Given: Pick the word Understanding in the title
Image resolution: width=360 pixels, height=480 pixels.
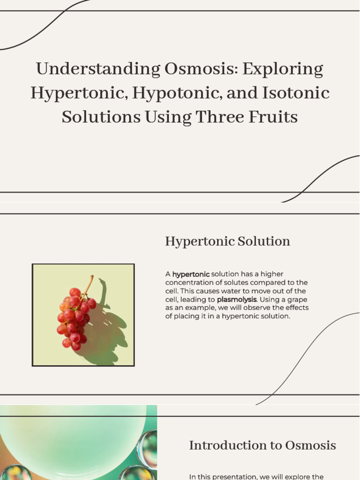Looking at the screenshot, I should pyautogui.click(x=98, y=69).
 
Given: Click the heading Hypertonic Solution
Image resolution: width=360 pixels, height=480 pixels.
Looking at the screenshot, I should pyautogui.click(x=227, y=241).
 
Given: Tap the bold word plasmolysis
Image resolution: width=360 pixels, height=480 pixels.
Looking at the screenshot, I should pyautogui.click(x=236, y=299).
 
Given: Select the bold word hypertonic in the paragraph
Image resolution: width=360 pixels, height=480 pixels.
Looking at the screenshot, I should pyautogui.click(x=191, y=274).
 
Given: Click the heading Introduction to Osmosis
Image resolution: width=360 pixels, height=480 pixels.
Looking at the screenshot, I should pyautogui.click(x=262, y=445).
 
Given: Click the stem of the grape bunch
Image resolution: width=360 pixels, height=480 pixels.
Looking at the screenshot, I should pyautogui.click(x=88, y=284).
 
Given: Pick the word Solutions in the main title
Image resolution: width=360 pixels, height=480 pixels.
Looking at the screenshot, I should pyautogui.click(x=101, y=117).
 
